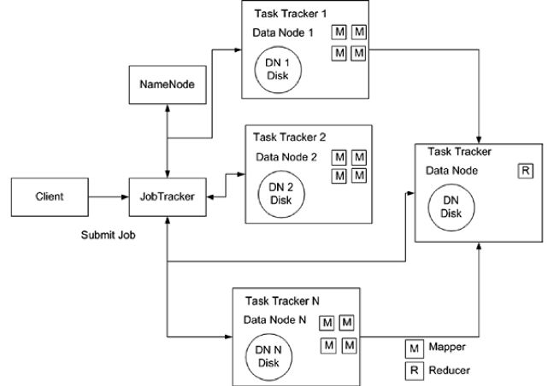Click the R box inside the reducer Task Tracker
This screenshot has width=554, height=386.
[527, 171]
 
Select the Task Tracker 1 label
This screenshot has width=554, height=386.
[291, 15]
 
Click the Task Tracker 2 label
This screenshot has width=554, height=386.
[287, 137]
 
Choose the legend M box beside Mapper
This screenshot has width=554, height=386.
[414, 349]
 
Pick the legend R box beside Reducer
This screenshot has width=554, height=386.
[414, 371]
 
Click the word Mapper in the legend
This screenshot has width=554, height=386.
[449, 349]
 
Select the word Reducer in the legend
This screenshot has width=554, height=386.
[451, 371]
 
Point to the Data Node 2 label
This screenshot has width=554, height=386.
[286, 157]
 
